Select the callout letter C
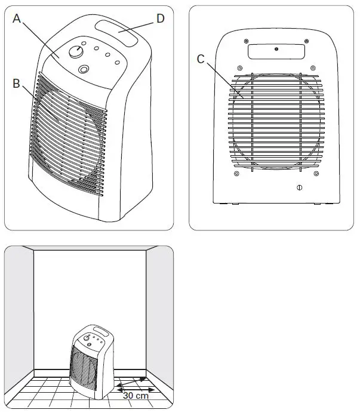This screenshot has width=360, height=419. pos(201,58)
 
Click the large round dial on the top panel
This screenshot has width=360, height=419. pos(75,51)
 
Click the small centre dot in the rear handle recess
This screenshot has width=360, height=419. pos(276,51)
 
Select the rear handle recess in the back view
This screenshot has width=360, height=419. pos(276,53)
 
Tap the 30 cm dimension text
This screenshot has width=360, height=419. pos(135,395)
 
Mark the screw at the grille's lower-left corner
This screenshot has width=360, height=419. pos(238,174)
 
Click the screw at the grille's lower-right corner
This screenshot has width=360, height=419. pos(315,174)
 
